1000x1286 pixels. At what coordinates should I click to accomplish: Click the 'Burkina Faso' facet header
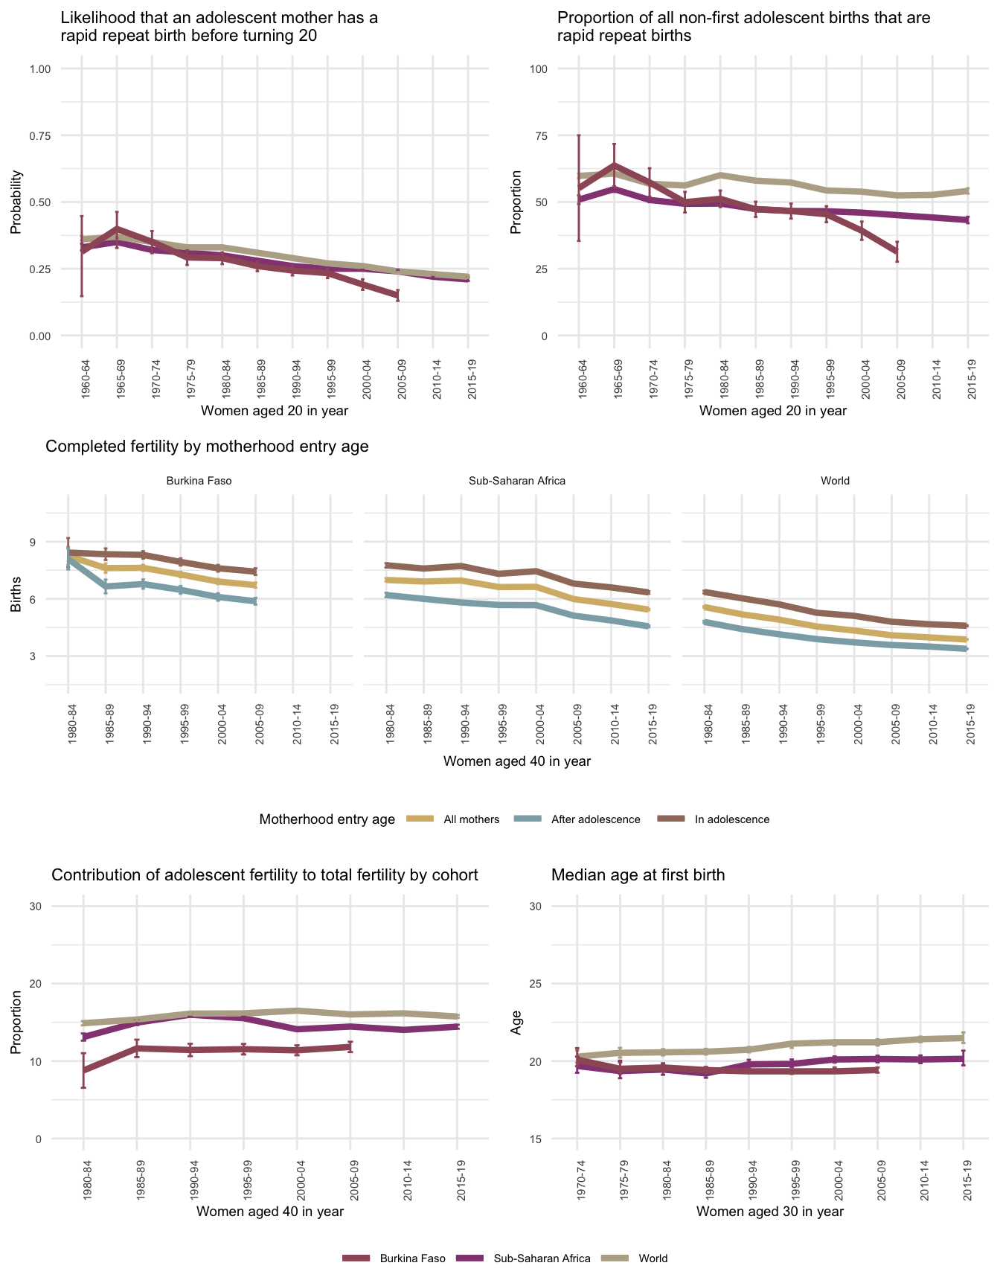point(199,481)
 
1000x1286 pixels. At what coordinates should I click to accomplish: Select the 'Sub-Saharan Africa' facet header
point(517,481)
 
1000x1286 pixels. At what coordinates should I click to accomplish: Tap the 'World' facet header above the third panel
point(835,481)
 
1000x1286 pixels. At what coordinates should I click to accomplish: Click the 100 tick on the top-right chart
point(538,69)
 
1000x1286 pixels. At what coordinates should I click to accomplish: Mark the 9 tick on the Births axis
point(33,542)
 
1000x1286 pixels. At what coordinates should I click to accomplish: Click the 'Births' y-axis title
point(16,598)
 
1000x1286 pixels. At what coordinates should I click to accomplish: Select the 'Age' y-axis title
point(516,1022)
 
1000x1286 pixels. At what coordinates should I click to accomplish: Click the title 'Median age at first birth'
point(638,875)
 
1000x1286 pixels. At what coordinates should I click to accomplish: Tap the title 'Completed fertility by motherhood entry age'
point(207,447)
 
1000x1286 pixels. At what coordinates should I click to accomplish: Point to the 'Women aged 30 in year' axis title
point(770,1212)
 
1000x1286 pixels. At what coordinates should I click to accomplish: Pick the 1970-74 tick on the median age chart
point(577,1175)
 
